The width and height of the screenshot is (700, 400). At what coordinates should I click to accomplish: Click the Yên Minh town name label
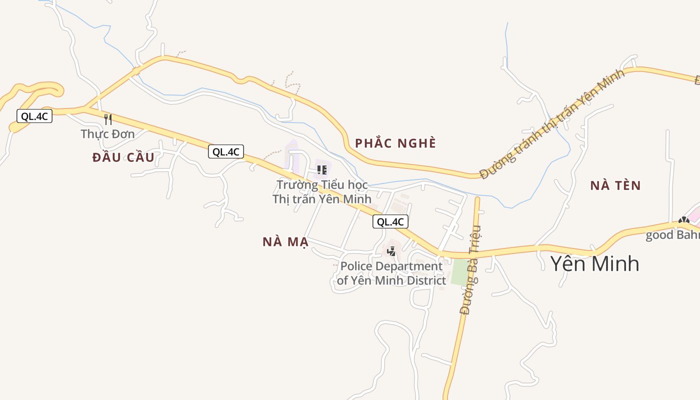click(x=594, y=263)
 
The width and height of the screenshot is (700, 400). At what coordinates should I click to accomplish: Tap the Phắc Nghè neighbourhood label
click(x=395, y=143)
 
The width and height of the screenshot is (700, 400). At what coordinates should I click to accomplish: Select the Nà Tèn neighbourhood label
click(x=615, y=186)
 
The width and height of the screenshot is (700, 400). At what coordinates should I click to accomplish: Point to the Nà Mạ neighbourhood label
click(x=285, y=242)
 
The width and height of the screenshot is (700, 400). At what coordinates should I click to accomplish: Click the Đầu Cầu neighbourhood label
click(x=123, y=157)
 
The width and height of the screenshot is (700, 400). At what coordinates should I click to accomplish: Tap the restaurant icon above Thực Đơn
click(x=107, y=119)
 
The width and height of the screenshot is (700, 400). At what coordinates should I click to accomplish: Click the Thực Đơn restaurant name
click(x=107, y=134)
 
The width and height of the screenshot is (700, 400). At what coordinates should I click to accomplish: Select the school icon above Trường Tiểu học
click(x=322, y=170)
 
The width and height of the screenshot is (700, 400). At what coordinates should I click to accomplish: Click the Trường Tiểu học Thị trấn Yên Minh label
click(x=322, y=192)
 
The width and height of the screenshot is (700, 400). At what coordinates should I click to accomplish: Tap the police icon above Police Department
click(x=391, y=251)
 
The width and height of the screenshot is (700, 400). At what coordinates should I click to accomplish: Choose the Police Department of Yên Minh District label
click(x=391, y=273)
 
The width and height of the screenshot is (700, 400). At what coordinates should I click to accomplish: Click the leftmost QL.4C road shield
click(x=34, y=116)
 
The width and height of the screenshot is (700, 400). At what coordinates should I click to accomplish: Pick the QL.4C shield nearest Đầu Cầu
click(x=226, y=151)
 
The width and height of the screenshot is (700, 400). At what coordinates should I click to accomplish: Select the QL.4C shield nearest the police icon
click(x=390, y=221)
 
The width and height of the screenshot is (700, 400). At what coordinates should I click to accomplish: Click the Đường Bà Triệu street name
click(x=470, y=270)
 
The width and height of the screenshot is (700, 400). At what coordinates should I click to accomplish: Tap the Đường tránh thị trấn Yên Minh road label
click(x=552, y=124)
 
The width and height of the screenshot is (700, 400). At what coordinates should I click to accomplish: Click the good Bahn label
click(x=672, y=235)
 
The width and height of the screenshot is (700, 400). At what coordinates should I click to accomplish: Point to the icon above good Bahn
click(x=683, y=220)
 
